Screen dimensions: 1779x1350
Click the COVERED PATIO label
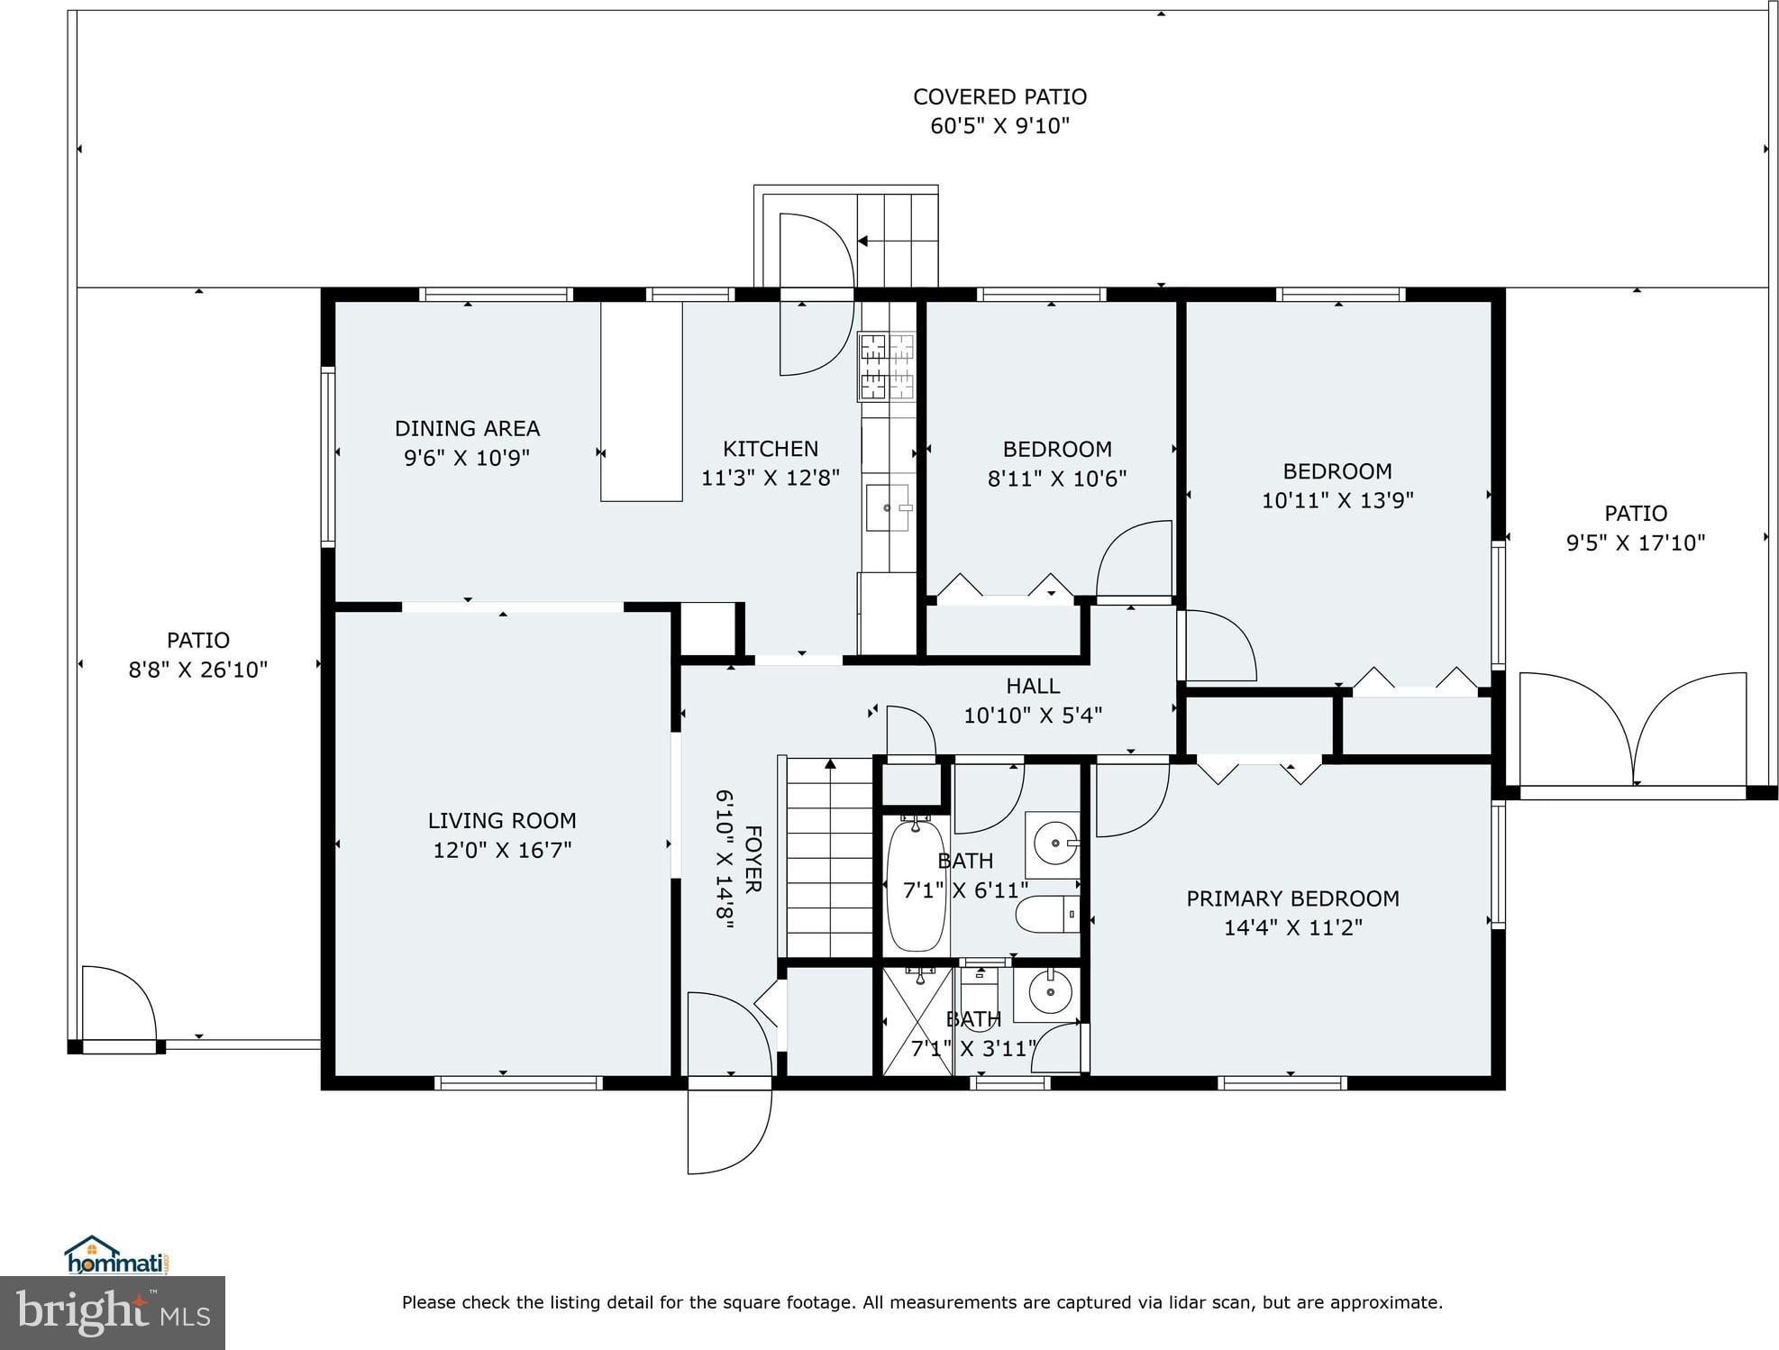[999, 96]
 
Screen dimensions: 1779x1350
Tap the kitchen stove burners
[887, 367]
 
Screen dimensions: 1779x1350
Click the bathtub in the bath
[916, 884]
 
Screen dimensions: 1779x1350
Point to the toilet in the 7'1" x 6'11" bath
[1046, 915]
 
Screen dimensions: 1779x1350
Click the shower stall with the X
[917, 1021]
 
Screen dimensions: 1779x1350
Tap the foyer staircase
[829, 857]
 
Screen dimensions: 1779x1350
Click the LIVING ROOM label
[502, 821]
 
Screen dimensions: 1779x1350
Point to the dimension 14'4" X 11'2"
[1292, 927]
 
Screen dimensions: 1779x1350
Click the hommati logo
[117, 1254]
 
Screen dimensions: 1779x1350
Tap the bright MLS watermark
[113, 1312]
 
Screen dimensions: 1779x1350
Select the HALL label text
[1033, 686]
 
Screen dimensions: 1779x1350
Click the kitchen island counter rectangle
[641, 401]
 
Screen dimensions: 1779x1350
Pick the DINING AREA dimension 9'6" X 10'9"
[467, 457]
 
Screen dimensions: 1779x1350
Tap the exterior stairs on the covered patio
[897, 240]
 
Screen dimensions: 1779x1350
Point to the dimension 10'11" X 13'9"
[1337, 500]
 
